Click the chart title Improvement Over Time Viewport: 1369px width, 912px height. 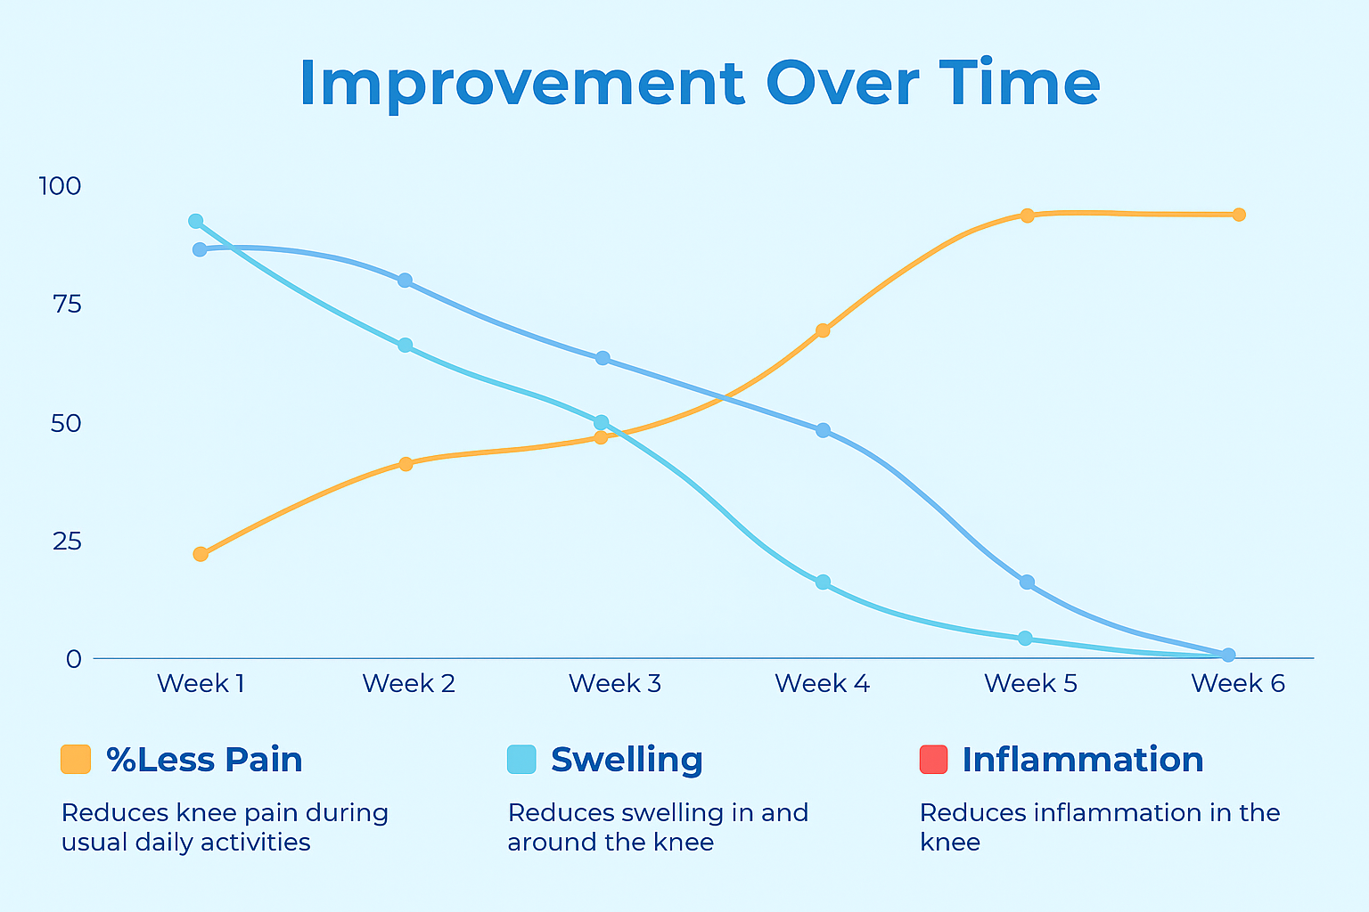[700, 84]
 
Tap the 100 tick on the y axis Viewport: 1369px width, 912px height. [60, 186]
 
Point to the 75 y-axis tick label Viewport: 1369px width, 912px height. [66, 305]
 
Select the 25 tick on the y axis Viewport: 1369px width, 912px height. [66, 541]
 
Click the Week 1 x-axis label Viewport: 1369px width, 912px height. [201, 683]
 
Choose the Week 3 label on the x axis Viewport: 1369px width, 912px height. [615, 683]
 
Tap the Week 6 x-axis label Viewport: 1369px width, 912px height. [1238, 683]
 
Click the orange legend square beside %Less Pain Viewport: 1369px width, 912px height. [76, 760]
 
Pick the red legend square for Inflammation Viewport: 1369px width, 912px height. [933, 760]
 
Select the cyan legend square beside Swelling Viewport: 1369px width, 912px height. [521, 760]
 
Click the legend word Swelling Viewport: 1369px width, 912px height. [627, 760]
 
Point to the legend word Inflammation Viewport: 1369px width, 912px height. [1083, 760]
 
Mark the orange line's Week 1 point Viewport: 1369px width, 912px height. [201, 554]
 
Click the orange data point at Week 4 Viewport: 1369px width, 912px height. [823, 330]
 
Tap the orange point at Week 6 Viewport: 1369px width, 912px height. [1238, 215]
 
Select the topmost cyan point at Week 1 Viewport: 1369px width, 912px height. [196, 221]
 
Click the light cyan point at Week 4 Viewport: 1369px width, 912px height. [823, 582]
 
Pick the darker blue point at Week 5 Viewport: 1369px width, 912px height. [1027, 582]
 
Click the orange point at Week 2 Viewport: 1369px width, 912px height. [406, 464]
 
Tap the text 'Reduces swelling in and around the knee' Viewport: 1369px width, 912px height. [658, 827]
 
